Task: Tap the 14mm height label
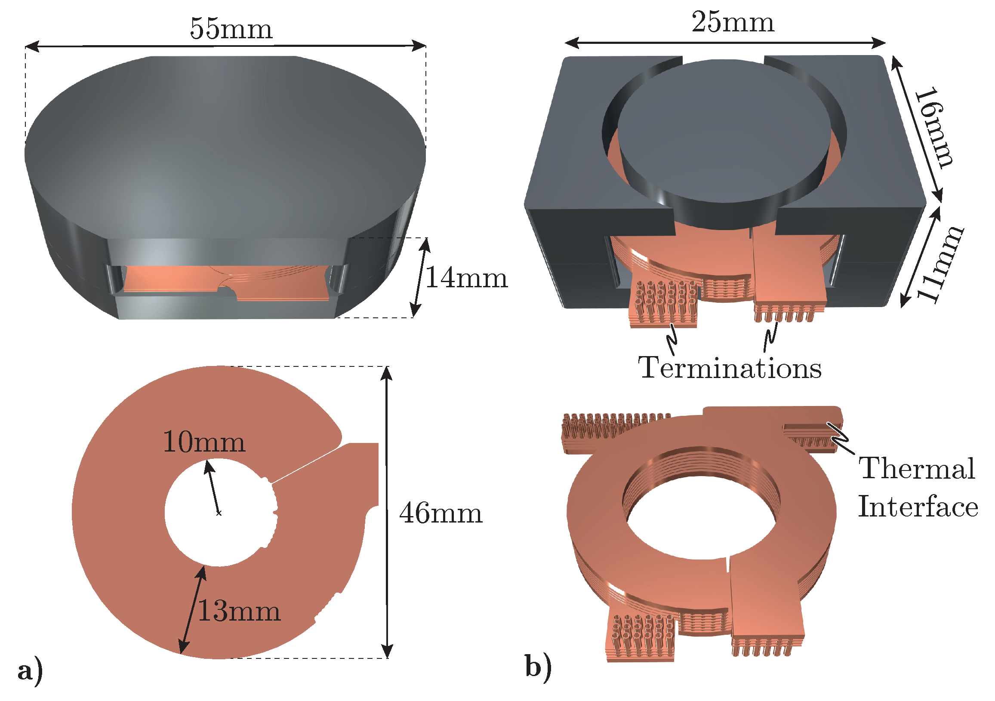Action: pos(466,278)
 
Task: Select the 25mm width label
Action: pos(733,22)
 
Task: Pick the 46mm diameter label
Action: pos(441,513)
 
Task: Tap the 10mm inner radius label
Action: pos(204,443)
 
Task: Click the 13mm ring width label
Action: pos(239,611)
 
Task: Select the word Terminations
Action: pos(730,368)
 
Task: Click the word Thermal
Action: pos(917,469)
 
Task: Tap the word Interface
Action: pos(918,507)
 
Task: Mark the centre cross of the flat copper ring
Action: pos(219,513)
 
